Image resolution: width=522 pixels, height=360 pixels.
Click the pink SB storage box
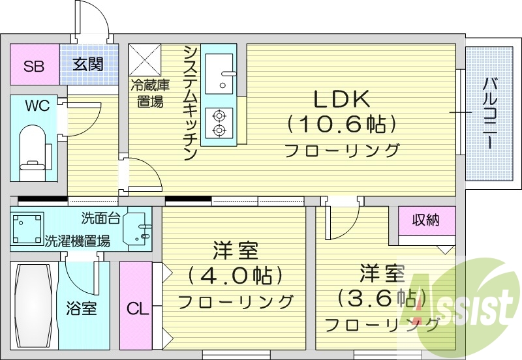tap(35, 65)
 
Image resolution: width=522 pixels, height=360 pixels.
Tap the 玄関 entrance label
tap(88, 65)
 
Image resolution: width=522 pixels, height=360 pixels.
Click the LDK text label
tap(343, 99)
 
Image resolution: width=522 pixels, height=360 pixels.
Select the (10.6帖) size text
tap(343, 123)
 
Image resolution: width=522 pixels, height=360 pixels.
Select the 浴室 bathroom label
tap(82, 308)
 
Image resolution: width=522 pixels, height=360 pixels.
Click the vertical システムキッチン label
tap(190, 102)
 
